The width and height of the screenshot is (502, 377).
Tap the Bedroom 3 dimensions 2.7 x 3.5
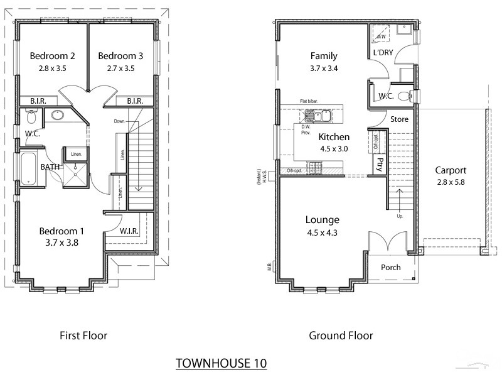(120, 68)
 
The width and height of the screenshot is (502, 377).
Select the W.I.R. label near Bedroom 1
(129, 231)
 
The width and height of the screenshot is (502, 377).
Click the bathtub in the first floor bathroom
(29, 168)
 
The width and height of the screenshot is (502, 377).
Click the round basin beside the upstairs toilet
(58, 115)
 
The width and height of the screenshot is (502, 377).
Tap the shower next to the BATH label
(75, 168)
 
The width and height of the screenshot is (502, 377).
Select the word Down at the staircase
(122, 121)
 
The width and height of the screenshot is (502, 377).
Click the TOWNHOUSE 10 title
(221, 363)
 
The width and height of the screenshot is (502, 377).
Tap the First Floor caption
(83, 336)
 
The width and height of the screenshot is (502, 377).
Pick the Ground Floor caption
(341, 336)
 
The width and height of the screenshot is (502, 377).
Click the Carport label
(451, 170)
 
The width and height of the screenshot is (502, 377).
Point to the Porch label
(391, 268)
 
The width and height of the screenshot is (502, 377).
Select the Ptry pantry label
(380, 165)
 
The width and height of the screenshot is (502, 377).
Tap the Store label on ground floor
(399, 119)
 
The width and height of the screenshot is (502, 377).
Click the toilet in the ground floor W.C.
(412, 96)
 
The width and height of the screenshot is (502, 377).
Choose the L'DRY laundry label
(383, 53)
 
